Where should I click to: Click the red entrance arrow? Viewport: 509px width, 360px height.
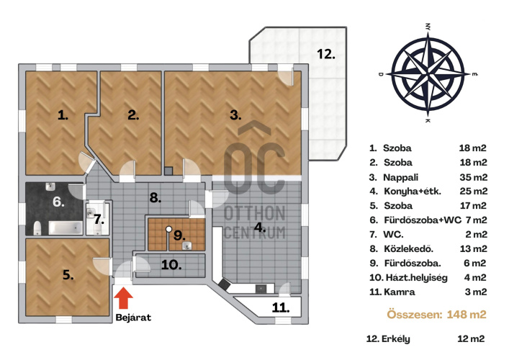pos(123,298)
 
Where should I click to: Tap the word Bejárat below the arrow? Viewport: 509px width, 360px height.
pos(133,317)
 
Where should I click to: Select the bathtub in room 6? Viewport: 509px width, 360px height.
pos(66,228)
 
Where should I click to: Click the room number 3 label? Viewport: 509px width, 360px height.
pos(235,115)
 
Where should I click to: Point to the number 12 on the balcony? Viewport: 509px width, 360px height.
pos(326,54)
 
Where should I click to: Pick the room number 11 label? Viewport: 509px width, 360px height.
pos(281,307)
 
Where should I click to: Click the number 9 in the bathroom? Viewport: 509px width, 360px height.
pos(179,235)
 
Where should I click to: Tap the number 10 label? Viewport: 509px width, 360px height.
pos(171,265)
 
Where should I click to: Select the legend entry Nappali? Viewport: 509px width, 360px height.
pos(400,178)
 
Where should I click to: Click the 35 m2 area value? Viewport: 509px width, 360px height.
pos(473,177)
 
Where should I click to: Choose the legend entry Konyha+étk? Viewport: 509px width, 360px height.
pos(413,192)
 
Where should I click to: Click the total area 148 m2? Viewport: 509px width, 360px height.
pos(467,314)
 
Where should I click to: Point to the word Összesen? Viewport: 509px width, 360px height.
pos(415,314)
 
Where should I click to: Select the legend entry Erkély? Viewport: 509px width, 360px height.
pos(396,339)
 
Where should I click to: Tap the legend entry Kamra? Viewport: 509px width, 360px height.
pos(400,292)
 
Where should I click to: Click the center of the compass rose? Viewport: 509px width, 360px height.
pos(428,74)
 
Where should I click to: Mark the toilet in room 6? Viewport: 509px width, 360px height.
pos(37,228)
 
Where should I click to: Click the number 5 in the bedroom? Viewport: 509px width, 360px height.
pos(68,275)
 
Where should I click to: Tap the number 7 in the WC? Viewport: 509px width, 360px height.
pos(99,219)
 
